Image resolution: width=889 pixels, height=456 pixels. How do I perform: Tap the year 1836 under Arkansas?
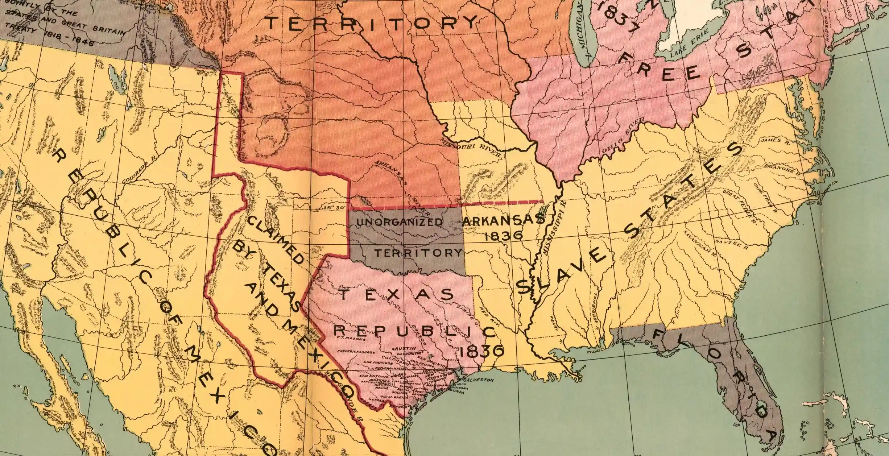click(x=504, y=235)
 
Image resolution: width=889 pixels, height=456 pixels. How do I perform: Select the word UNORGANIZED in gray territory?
click(x=400, y=222)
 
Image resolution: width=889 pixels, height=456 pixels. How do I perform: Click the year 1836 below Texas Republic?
click(x=481, y=351)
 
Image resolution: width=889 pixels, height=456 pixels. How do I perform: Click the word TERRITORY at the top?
click(x=372, y=23)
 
